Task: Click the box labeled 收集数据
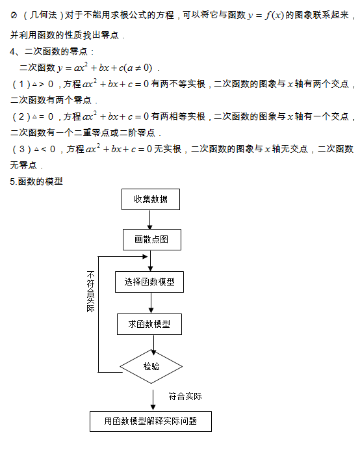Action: [151, 199]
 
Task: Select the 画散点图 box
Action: [152, 239]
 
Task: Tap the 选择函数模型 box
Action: [149, 282]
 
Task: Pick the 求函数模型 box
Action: [149, 324]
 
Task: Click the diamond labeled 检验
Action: [151, 366]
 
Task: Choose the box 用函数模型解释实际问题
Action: [151, 421]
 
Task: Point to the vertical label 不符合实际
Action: [90, 291]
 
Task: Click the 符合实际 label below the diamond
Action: [185, 396]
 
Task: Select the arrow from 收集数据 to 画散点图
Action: [150, 219]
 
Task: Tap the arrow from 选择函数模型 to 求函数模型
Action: [151, 303]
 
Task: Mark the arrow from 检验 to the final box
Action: [153, 400]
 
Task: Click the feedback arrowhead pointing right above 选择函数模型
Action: [145, 256]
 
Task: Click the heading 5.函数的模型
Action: [36, 181]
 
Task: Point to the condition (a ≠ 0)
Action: [138, 68]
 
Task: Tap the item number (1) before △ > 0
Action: [21, 85]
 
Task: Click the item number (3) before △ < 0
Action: [21, 149]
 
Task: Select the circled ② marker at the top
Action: [14, 15]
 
